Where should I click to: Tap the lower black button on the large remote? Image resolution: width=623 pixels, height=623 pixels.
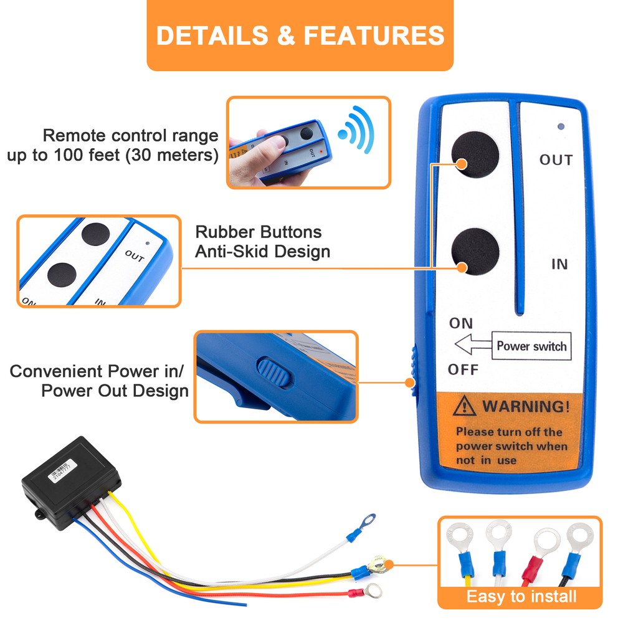coord(475,252)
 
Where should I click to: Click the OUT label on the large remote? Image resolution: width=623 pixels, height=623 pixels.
coord(556,160)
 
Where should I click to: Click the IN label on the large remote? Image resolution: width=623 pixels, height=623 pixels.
coord(559,265)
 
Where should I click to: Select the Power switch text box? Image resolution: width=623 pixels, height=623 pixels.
coord(531,346)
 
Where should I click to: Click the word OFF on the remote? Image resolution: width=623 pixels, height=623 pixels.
coord(463,370)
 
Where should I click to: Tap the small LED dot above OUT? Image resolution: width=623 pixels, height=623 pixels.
coord(561,126)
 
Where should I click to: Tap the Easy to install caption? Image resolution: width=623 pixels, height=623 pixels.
coord(521,596)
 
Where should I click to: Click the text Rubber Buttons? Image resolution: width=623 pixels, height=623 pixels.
coord(259,232)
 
